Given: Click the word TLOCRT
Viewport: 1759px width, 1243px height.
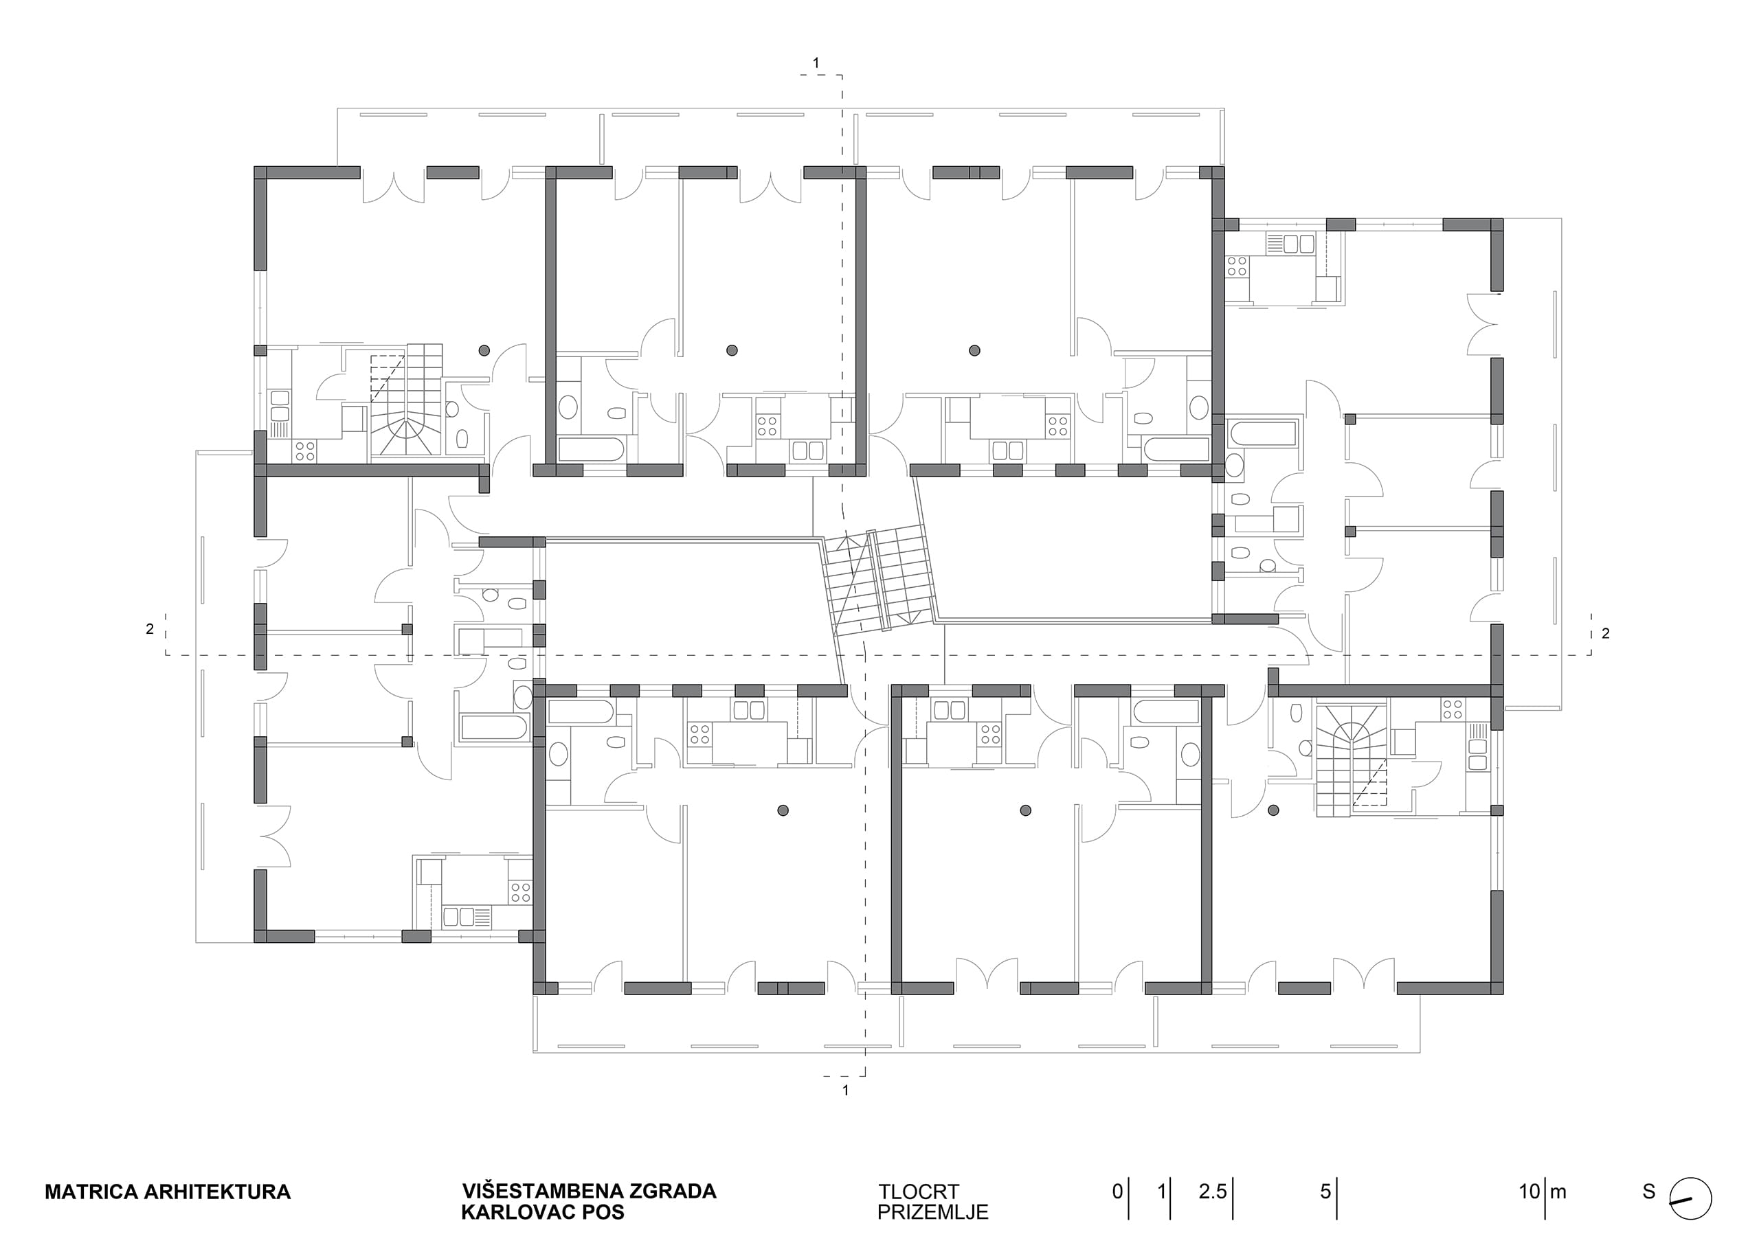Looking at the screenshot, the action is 918,1191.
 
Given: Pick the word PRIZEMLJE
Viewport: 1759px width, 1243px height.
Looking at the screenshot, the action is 932,1212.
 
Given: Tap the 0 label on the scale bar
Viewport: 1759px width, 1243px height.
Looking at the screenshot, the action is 1118,1191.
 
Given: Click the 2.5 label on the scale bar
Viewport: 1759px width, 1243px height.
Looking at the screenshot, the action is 1213,1191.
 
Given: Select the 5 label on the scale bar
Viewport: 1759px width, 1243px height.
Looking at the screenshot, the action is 1325,1191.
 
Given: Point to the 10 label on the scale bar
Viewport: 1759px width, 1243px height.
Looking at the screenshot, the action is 1530,1191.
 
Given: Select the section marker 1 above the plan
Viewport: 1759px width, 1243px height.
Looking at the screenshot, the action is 816,62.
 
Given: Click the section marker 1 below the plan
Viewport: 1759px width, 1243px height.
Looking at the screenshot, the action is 846,1090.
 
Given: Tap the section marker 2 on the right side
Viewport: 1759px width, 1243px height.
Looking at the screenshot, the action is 1606,633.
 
